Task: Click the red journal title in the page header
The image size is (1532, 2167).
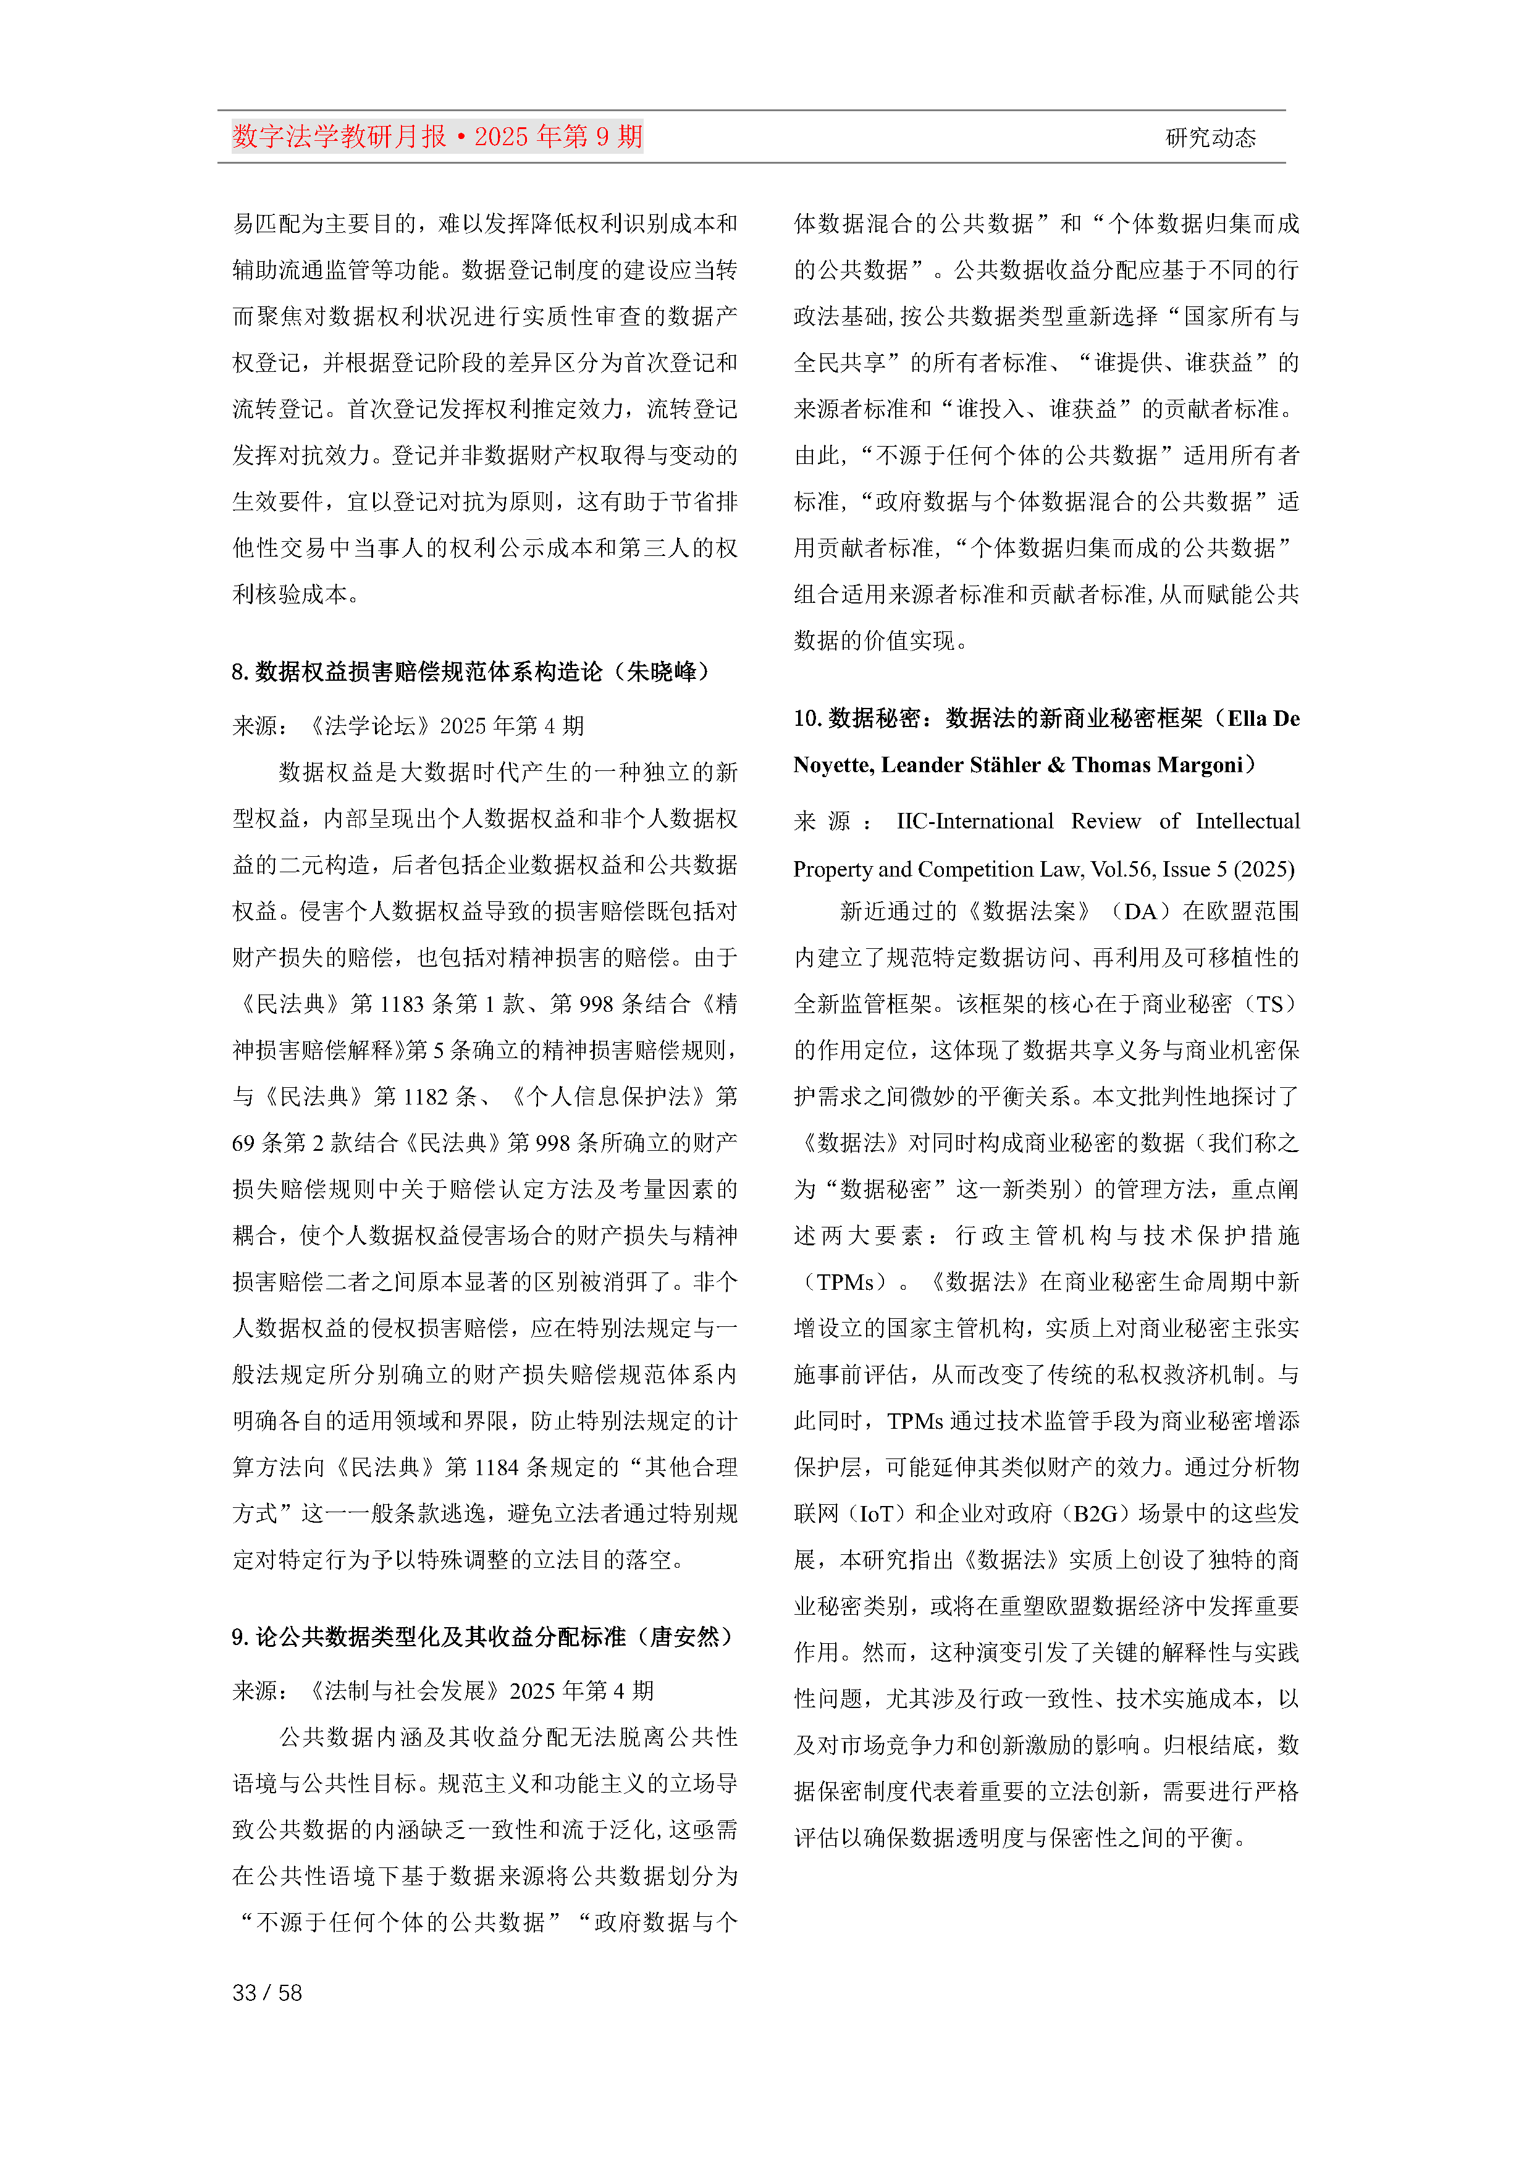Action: pyautogui.click(x=437, y=137)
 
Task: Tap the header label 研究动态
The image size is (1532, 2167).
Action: pyautogui.click(x=1210, y=138)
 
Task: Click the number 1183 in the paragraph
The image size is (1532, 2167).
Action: pyautogui.click(x=401, y=1003)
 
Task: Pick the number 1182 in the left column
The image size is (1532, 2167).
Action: pyautogui.click(x=425, y=1096)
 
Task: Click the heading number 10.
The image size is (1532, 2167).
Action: pyautogui.click(x=807, y=718)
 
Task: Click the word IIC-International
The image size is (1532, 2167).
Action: pyautogui.click(x=974, y=821)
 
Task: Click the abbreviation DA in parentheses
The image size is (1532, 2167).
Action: pyautogui.click(x=1140, y=911)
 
